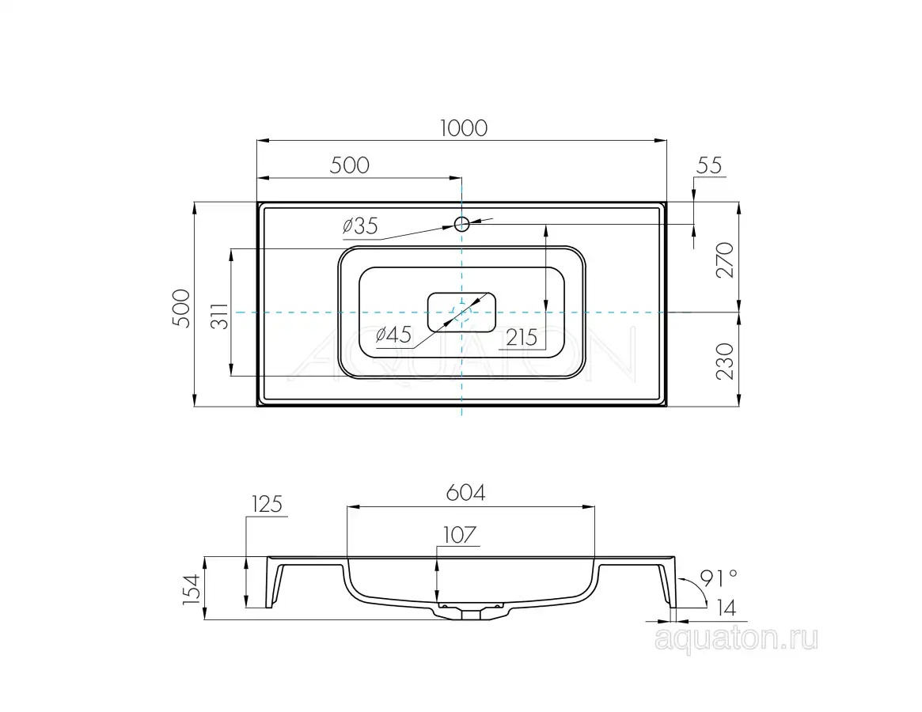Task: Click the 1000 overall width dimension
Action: click(x=463, y=128)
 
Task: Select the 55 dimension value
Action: click(x=708, y=166)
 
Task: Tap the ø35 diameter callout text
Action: click(x=360, y=225)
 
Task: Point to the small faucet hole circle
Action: click(x=461, y=224)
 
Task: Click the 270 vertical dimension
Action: click(x=725, y=259)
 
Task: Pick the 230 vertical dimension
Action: click(x=725, y=362)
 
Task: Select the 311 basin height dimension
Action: click(x=219, y=316)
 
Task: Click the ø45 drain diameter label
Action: click(x=393, y=335)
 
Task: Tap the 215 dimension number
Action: click(x=522, y=338)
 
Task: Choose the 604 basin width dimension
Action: click(x=465, y=493)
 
